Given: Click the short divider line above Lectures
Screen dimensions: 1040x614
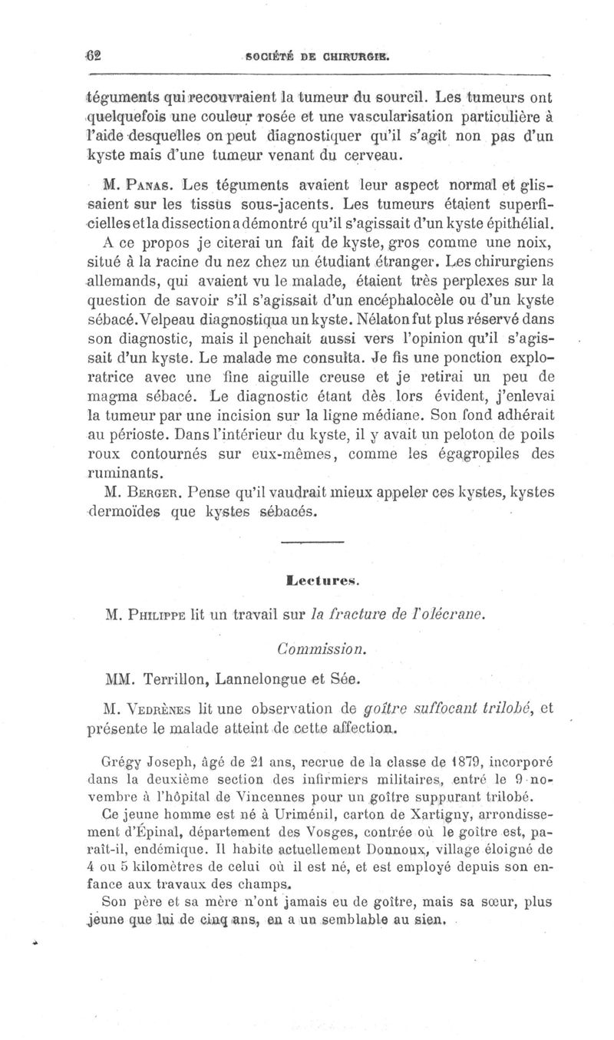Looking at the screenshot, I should (x=310, y=543).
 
